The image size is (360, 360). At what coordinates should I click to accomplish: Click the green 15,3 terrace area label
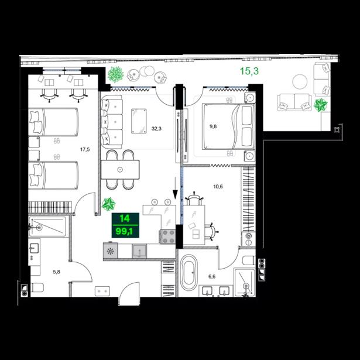tap(249, 71)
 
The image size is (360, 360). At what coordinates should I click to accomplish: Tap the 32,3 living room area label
tap(156, 129)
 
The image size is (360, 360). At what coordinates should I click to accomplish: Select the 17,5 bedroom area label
tap(85, 149)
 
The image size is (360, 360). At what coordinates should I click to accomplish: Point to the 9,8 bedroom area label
tap(213, 126)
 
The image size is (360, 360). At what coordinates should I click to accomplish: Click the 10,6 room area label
tap(218, 186)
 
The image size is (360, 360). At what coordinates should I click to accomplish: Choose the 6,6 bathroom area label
tap(212, 277)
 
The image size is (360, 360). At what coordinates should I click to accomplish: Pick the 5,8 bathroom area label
tap(56, 272)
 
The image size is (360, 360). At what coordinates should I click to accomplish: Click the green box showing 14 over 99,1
tap(125, 225)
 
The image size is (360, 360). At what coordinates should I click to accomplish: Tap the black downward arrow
tap(175, 188)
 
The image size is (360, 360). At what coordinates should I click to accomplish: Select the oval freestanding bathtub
tap(188, 273)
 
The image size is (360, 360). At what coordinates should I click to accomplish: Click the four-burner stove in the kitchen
tap(167, 236)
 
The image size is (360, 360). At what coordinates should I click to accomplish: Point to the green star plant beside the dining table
tap(108, 204)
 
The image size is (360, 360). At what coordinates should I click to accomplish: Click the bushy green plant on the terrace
tap(115, 74)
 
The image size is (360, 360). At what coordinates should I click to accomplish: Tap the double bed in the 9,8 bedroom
tap(228, 126)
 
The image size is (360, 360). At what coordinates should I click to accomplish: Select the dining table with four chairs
tap(120, 170)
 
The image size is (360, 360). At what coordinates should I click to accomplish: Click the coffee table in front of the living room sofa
tap(139, 121)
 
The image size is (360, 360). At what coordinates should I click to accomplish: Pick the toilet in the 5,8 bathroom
tap(37, 287)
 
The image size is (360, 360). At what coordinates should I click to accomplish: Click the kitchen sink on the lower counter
tap(139, 251)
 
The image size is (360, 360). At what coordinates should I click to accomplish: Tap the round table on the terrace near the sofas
tap(300, 82)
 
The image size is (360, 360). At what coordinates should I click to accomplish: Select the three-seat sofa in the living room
tap(112, 122)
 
